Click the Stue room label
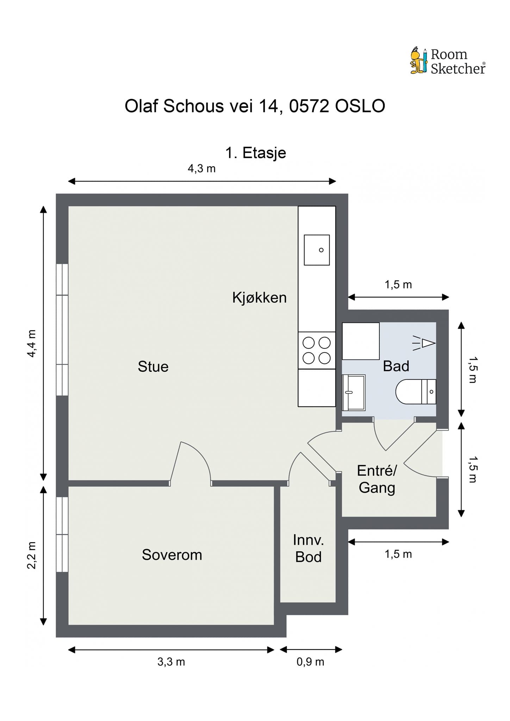tap(153, 367)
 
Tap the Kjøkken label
tap(259, 298)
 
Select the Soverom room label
tap(172, 555)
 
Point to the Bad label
tap(396, 366)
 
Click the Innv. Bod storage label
tap(309, 548)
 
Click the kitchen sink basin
tap(317, 250)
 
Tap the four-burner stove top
tap(317, 350)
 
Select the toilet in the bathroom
tap(416, 391)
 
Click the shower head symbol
tap(424, 343)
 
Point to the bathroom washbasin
tap(354, 393)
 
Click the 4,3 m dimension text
tap(201, 169)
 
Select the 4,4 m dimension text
tap(32, 344)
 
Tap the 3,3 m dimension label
tap(171, 662)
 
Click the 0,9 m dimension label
tap(310, 662)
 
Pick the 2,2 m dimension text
tap(32, 555)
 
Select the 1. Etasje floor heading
tap(256, 153)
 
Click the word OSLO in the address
tap(360, 106)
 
